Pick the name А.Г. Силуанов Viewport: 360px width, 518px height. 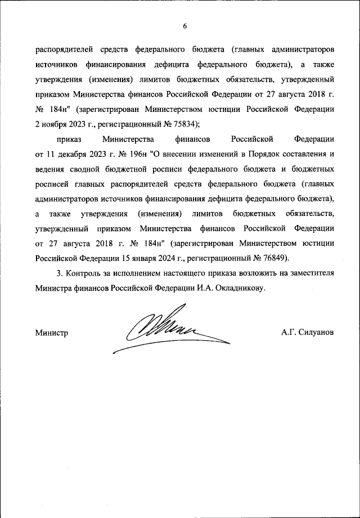click(308, 332)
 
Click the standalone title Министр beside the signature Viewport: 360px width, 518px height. click(51, 332)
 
